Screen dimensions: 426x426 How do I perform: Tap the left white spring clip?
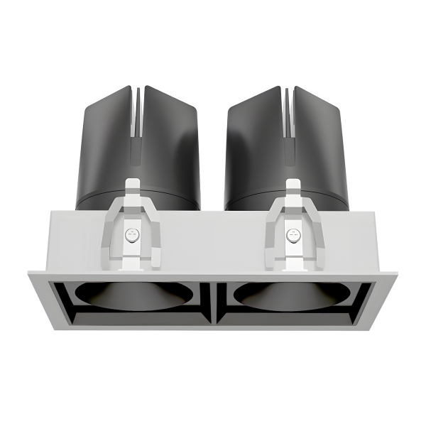(131, 231)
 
